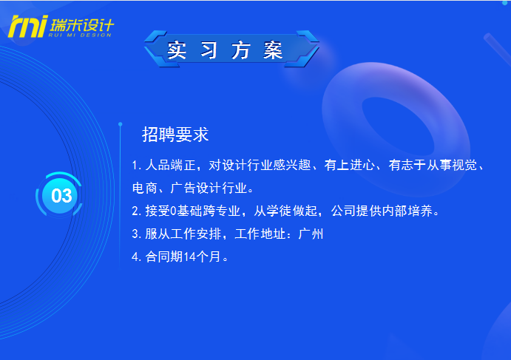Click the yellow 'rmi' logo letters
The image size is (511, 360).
point(28,27)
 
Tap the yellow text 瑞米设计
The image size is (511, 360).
point(82,25)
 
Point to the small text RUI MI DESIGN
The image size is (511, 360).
point(80,35)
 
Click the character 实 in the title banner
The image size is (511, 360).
point(177,50)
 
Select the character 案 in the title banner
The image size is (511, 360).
point(273,50)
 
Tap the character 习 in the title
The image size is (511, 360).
point(209,50)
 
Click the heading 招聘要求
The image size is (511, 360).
point(175,135)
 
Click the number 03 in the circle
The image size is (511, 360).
point(61,196)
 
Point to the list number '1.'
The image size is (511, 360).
point(137,166)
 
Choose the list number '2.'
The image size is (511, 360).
point(137,211)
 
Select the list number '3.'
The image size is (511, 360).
point(137,234)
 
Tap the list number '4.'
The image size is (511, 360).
point(137,257)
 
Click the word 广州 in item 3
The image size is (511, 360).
point(311,234)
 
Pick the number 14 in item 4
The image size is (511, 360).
point(189,257)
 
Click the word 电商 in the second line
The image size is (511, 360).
point(145,188)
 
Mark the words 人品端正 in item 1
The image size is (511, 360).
point(170,165)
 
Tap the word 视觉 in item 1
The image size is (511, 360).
point(464,165)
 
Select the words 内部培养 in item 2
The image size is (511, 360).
point(407,211)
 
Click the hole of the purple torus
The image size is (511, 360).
point(399,126)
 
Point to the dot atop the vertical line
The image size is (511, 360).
point(121,124)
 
